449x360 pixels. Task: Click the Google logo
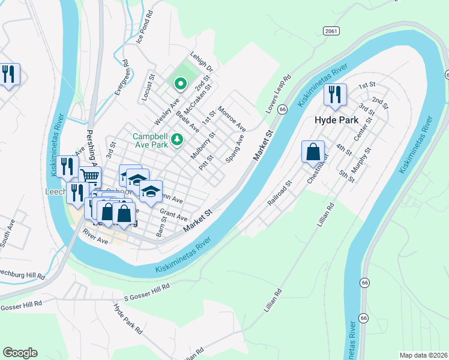[20, 353]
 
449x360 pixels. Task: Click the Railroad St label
[280, 192]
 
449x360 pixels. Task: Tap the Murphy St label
[358, 161]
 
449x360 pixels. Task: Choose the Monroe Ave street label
[232, 119]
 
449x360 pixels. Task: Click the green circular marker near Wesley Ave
[179, 83]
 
